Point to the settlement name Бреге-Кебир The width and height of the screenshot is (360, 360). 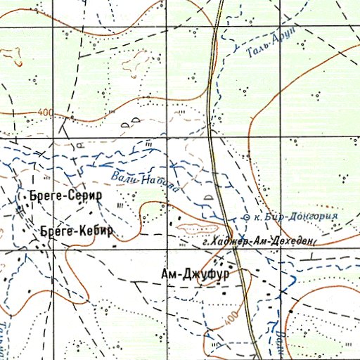[76, 231]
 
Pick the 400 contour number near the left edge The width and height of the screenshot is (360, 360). [46, 112]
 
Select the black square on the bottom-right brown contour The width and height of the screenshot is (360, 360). [289, 310]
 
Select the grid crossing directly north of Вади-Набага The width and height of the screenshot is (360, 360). [167, 138]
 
